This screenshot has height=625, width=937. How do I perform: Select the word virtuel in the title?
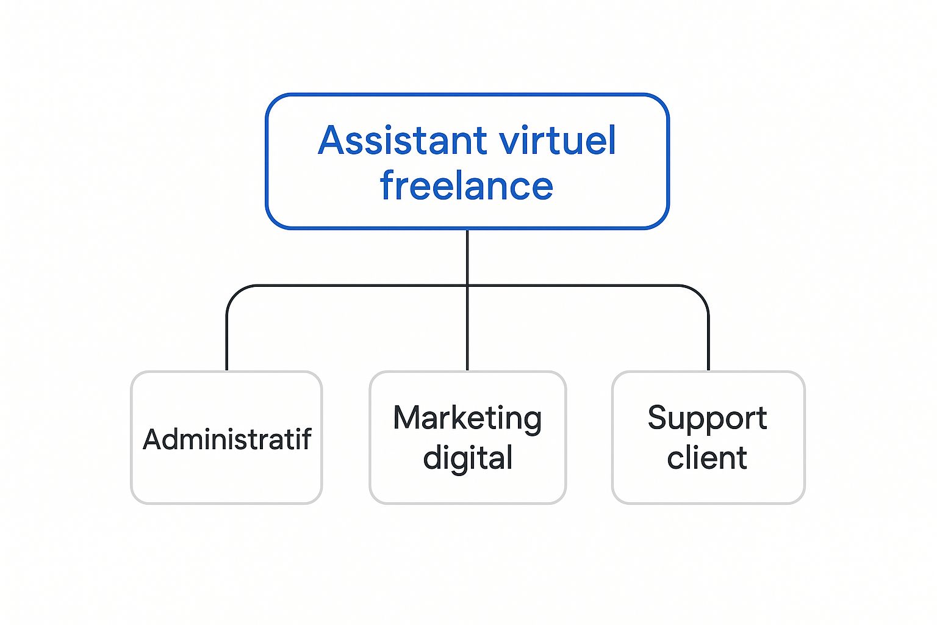pyautogui.click(x=557, y=141)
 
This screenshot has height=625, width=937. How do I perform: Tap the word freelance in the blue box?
pyautogui.click(x=467, y=186)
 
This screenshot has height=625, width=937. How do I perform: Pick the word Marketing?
pyautogui.click(x=467, y=419)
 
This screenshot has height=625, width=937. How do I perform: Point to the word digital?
pyautogui.click(x=468, y=458)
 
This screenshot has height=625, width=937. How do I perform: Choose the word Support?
pyautogui.click(x=707, y=419)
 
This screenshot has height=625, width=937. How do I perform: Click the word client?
pyautogui.click(x=707, y=458)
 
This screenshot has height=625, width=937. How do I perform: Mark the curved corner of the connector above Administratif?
pyautogui.click(x=234, y=293)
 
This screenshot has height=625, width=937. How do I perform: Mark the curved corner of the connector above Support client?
pyautogui.click(x=701, y=293)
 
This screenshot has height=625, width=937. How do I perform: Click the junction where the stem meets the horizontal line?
pyautogui.click(x=467, y=286)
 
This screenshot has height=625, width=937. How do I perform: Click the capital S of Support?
pyautogui.click(x=658, y=419)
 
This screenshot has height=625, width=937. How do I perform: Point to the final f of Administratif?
pyautogui.click(x=306, y=439)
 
